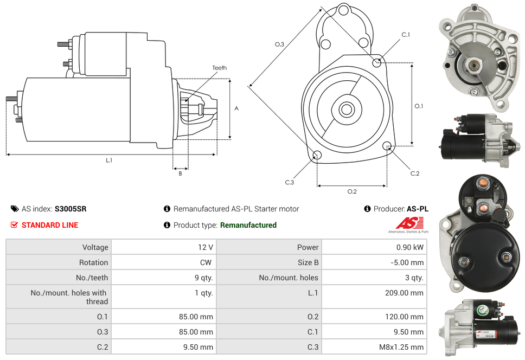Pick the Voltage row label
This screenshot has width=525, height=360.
[95, 247]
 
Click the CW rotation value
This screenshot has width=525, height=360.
[207, 262]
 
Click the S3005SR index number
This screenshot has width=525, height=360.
[71, 209]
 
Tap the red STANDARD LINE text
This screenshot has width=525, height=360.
[50, 225]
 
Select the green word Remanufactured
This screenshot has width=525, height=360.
[248, 225]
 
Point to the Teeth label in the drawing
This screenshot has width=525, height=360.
[219, 68]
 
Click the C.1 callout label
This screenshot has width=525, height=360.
[405, 35]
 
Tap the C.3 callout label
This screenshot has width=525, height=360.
[290, 182]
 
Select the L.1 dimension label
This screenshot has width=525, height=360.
[109, 160]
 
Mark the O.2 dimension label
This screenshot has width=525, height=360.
[351, 191]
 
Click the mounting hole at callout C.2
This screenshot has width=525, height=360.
[387, 146]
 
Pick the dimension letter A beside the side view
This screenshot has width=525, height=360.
[236, 108]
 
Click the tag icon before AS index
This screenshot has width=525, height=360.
[15, 209]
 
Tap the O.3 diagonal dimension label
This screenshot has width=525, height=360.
[279, 44]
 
